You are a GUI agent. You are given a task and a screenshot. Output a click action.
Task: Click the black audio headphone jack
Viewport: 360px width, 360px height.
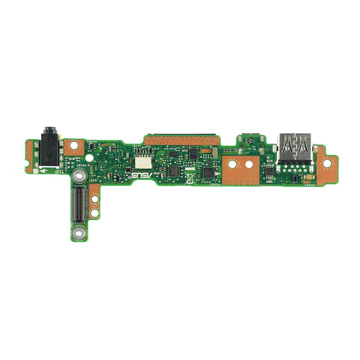49,148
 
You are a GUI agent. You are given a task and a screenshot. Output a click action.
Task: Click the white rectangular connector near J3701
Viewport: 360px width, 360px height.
143,161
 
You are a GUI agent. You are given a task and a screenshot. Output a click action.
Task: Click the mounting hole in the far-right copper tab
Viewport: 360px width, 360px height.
327,163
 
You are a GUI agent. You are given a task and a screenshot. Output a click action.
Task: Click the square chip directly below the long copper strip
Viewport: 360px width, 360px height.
194,153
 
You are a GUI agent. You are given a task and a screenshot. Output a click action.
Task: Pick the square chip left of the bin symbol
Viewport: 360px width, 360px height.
174,171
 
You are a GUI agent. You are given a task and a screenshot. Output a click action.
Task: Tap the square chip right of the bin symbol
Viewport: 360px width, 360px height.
209,172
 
